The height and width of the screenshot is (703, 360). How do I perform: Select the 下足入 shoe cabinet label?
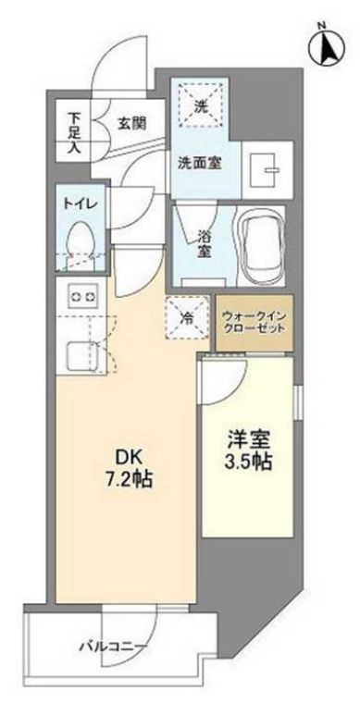(x=76, y=131)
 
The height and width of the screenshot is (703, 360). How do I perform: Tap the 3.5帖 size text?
(x=247, y=462)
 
